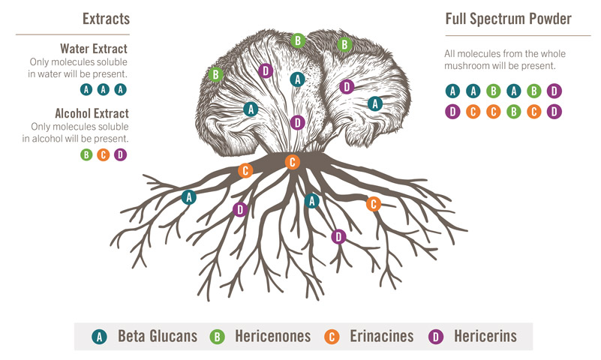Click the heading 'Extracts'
click(x=107, y=19)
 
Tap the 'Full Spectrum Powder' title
click(x=508, y=19)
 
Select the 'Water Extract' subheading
click(x=94, y=49)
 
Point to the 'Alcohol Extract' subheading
click(x=92, y=113)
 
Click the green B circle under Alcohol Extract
click(x=86, y=154)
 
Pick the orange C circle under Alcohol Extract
click(x=104, y=154)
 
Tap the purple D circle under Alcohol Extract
click(x=120, y=154)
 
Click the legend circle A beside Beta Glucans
click(x=99, y=337)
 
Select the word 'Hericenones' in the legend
click(x=273, y=336)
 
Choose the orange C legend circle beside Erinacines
click(x=332, y=337)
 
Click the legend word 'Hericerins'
click(x=485, y=336)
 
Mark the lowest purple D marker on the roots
click(x=338, y=237)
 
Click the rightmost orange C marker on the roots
click(x=374, y=204)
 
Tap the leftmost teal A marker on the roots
click(x=189, y=197)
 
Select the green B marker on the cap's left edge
click(x=216, y=75)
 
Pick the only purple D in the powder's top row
click(x=554, y=91)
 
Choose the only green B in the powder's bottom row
click(x=514, y=112)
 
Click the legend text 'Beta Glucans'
click(x=158, y=336)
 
